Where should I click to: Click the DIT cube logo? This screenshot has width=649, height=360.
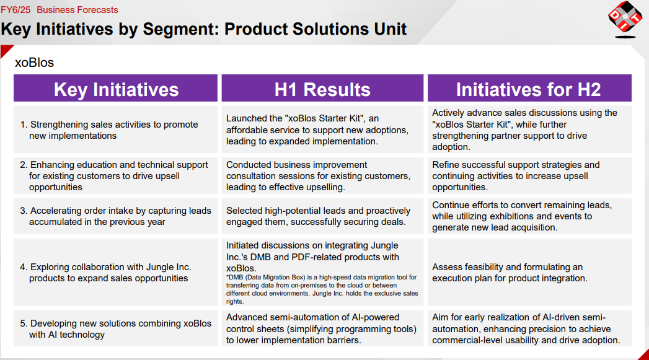click(x=625, y=19)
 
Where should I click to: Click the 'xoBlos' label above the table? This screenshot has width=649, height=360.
click(x=34, y=63)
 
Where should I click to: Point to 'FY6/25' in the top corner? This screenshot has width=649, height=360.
click(x=15, y=9)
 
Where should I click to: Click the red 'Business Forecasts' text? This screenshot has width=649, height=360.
click(x=77, y=9)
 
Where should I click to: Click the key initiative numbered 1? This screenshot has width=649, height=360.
click(x=109, y=130)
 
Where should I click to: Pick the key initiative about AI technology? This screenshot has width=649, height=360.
click(x=116, y=328)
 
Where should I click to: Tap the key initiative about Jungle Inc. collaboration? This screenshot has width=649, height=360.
click(x=105, y=272)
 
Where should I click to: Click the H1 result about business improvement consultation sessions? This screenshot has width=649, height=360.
click(x=318, y=176)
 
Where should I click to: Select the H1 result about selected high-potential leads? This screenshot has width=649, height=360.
click(x=318, y=216)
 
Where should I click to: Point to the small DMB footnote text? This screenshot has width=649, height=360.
click(x=322, y=289)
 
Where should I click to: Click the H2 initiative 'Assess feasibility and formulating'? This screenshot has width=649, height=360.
click(x=510, y=272)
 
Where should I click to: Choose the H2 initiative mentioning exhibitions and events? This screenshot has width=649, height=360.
click(x=522, y=216)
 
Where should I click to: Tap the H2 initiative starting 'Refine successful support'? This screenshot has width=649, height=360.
click(x=516, y=176)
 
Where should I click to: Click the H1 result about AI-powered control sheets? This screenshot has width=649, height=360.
click(x=321, y=328)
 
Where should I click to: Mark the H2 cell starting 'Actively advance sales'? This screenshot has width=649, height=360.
click(x=524, y=130)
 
